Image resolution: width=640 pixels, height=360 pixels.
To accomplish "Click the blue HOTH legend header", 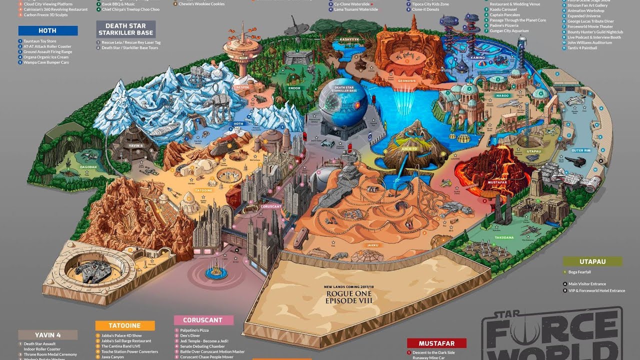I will tap(47, 31).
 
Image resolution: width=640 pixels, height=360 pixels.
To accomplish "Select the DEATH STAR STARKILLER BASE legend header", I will tap(126, 29).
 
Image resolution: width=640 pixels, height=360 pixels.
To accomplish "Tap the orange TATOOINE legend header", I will tap(124, 325).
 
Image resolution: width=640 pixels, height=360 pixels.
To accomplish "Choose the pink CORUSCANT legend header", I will tap(203, 320).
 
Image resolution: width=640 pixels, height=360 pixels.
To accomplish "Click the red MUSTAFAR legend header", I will tap(436, 343).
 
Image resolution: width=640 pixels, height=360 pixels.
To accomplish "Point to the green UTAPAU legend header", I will tap(592, 261).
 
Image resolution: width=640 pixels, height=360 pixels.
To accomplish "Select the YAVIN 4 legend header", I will tap(48, 335).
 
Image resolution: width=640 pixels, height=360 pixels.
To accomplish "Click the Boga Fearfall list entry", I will tap(579, 272).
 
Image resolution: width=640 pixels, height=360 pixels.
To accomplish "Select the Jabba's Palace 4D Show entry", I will tap(121, 335).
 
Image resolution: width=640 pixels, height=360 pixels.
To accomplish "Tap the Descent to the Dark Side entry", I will tap(433, 353).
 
